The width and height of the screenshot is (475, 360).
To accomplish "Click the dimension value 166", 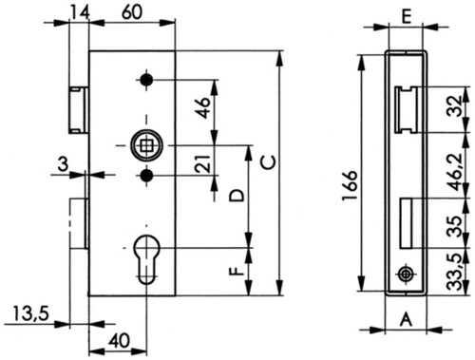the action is (350, 185).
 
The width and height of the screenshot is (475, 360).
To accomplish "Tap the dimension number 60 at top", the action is (132, 12).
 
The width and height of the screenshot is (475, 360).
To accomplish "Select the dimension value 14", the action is (80, 12).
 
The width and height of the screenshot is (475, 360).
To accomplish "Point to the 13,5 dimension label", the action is (31, 313).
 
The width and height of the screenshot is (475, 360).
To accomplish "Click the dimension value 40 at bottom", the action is (119, 341).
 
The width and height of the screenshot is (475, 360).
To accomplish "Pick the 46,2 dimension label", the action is (456, 172).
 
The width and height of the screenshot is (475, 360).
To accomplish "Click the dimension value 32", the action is (455, 106).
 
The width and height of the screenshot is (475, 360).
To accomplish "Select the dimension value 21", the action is (202, 163).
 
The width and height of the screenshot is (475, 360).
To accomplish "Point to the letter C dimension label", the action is (268, 162).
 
